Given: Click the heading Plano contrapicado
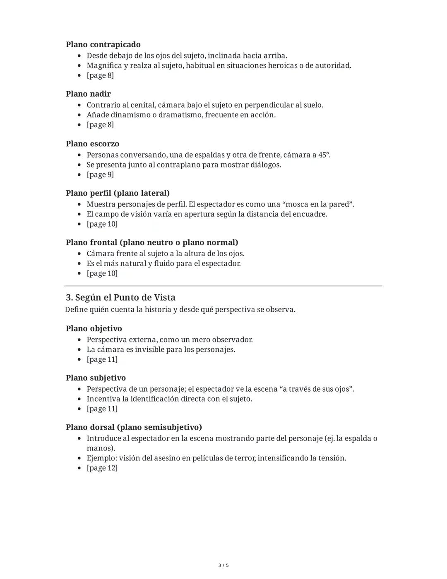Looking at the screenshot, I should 103,44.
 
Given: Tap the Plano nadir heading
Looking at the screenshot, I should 88,94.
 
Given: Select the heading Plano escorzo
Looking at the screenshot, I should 92,144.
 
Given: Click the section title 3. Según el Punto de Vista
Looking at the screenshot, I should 120,297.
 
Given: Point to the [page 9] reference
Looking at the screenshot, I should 100,174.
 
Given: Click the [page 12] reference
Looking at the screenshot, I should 102,468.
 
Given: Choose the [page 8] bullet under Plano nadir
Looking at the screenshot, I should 100,125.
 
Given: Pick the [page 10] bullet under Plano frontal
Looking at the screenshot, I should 102,273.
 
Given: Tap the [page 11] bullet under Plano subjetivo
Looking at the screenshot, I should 102,409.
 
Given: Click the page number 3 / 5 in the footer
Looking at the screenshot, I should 223,565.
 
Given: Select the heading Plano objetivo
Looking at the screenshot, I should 94,328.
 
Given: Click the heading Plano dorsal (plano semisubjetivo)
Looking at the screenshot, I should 134,427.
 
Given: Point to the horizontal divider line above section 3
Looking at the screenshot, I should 223,286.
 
